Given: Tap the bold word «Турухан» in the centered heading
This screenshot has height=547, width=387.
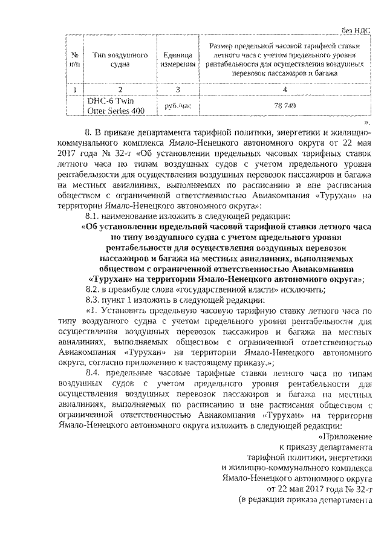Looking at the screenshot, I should [112, 279].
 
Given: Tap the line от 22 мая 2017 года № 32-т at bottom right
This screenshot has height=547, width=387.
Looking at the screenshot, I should [319, 489].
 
